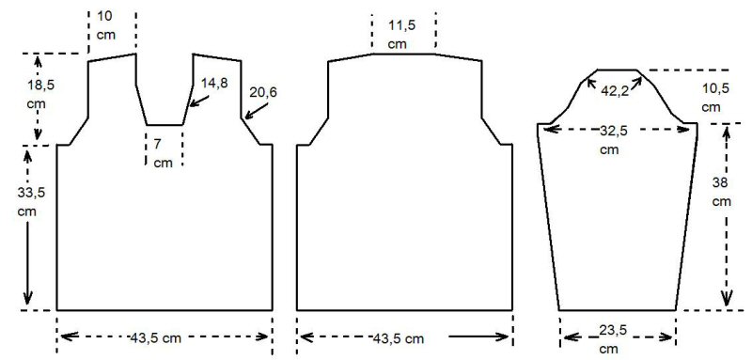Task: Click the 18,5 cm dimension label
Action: [40, 94]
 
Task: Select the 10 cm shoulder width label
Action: [106, 25]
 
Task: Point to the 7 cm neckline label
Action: [163, 153]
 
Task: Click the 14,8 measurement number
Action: [214, 83]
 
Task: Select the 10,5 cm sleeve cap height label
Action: [712, 98]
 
